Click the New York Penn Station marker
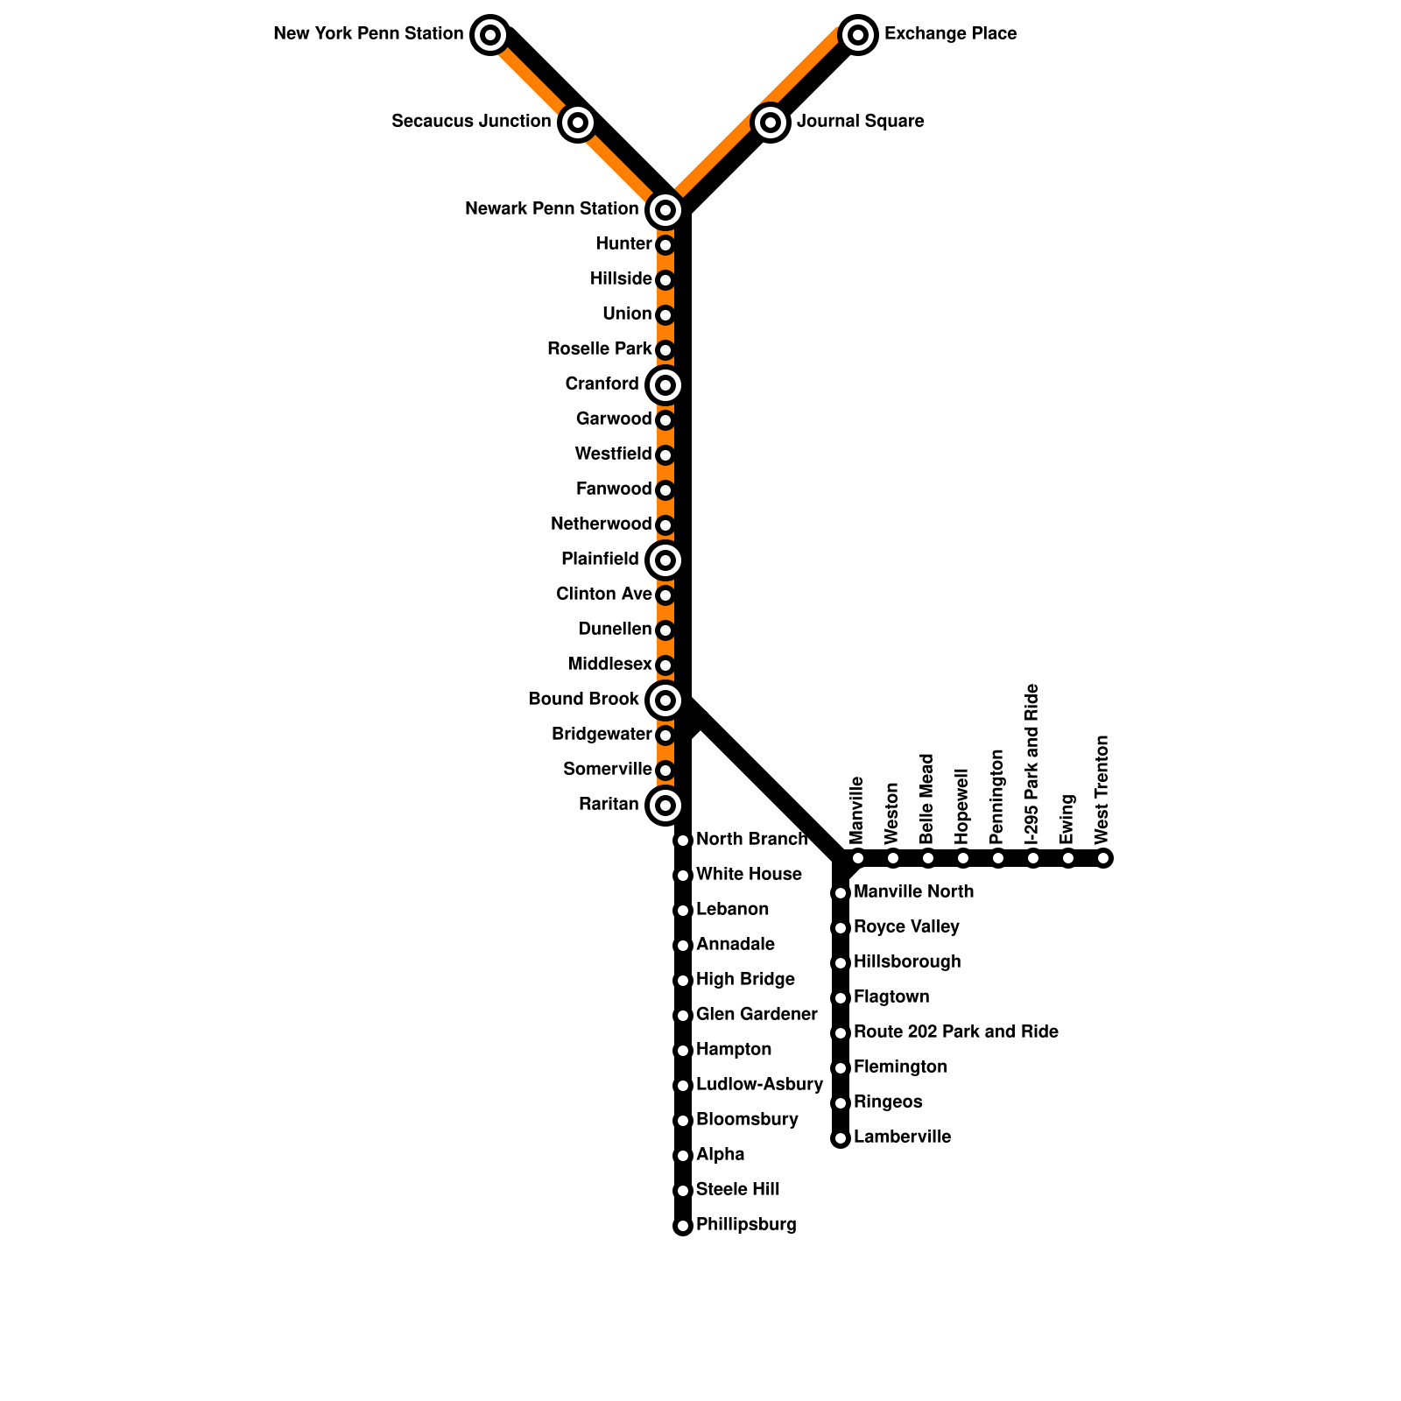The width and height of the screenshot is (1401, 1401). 490,35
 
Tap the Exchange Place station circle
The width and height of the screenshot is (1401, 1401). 858,35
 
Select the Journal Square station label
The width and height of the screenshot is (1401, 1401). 860,122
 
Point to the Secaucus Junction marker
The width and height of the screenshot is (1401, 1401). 577,123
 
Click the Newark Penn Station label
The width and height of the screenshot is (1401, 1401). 552,209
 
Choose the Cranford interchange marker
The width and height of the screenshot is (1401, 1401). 665,384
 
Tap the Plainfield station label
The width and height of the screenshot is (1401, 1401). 600,560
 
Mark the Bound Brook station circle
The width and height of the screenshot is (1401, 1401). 665,700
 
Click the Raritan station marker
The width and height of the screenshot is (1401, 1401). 665,805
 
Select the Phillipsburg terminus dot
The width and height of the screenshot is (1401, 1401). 683,1226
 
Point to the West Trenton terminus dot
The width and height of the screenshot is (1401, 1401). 1103,858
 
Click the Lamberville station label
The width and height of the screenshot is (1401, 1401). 902,1137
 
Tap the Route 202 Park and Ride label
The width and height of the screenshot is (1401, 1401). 955,1032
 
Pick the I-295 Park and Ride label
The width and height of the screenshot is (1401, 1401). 1032,764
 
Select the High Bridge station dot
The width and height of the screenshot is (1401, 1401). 683,981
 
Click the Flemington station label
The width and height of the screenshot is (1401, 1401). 900,1067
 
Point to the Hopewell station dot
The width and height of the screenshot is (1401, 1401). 963,858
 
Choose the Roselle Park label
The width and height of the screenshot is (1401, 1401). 599,349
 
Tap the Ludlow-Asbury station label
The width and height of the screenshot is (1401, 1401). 759,1085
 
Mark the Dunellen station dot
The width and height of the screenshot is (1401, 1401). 665,630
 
